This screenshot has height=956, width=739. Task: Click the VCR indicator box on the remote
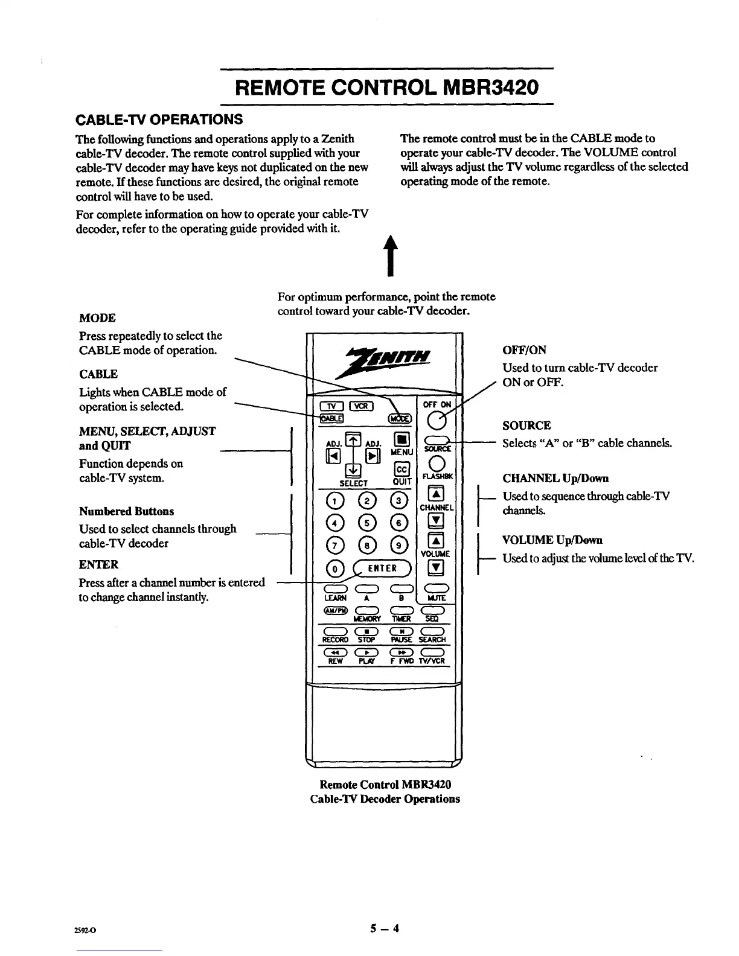tap(363, 405)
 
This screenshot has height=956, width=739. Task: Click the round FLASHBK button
tap(437, 464)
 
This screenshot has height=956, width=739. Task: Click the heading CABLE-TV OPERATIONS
tap(159, 118)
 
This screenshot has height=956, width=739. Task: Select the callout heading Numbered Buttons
tap(126, 511)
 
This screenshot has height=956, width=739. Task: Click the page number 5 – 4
tap(385, 928)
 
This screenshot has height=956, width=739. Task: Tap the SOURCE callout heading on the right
tap(526, 425)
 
